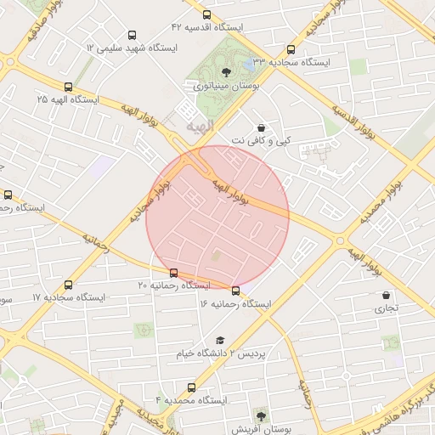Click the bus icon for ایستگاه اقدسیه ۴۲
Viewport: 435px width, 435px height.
tap(207, 14)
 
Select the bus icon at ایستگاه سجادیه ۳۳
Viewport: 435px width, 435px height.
tap(291, 49)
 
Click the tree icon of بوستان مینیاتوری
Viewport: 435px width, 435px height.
tap(226, 72)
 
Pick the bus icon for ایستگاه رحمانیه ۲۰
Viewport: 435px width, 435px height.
tap(174, 273)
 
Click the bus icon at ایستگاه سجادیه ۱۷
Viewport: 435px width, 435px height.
tap(68, 285)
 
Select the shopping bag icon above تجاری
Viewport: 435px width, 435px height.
tap(387, 296)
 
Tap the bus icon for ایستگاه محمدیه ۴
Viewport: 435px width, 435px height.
tap(192, 387)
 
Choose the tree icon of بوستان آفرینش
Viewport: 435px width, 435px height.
tap(260, 416)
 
